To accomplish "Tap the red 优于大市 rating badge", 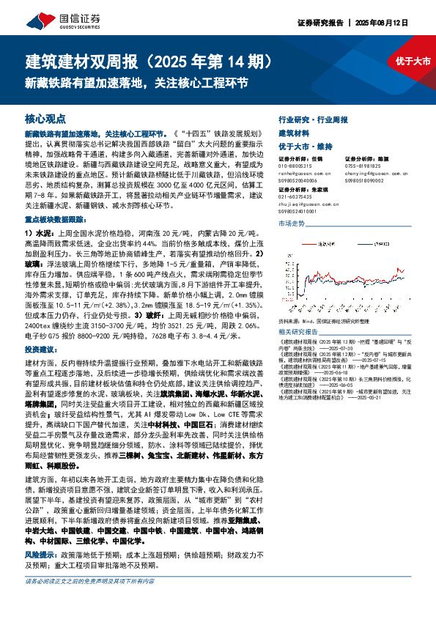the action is (413, 62).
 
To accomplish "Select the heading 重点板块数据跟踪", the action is (52, 219).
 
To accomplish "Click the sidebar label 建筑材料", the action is (294, 133).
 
